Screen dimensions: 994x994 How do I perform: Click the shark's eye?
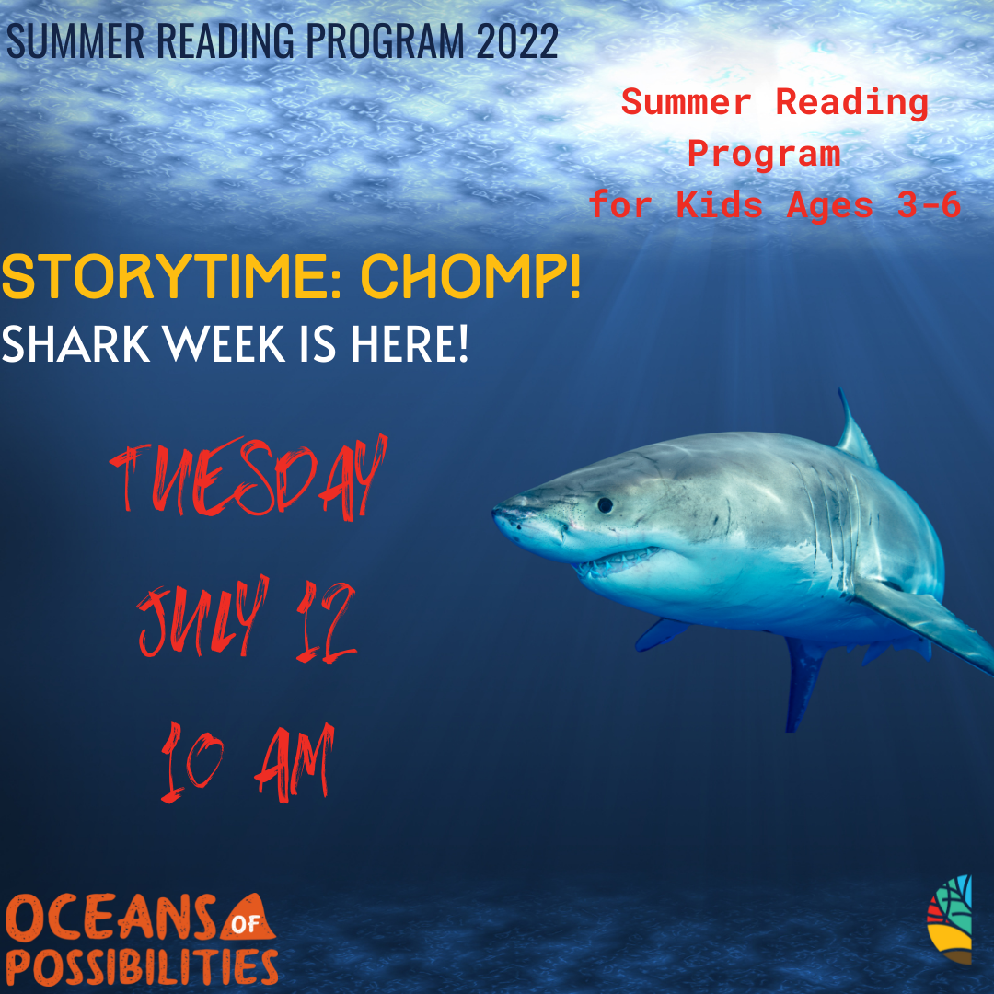click(604, 504)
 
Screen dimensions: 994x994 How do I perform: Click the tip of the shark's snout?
click(498, 511)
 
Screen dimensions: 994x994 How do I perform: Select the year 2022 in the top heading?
click(515, 40)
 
